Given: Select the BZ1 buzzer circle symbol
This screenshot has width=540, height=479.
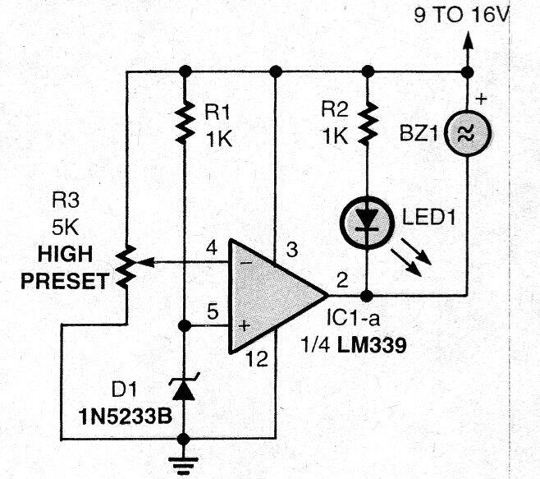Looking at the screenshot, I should pyautogui.click(x=466, y=131).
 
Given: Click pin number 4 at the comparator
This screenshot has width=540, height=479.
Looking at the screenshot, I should pyautogui.click(x=211, y=246).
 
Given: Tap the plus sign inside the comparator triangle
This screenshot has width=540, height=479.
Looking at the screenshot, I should pyautogui.click(x=243, y=326).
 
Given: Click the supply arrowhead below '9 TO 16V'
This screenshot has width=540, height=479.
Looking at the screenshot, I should pyautogui.click(x=466, y=40).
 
